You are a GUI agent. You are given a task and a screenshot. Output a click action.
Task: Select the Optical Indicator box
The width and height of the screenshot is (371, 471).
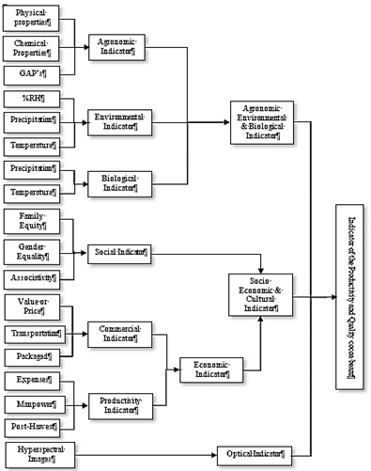point(249,454)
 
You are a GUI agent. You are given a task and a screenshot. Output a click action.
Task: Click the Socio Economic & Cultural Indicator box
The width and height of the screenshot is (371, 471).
point(262,293)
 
